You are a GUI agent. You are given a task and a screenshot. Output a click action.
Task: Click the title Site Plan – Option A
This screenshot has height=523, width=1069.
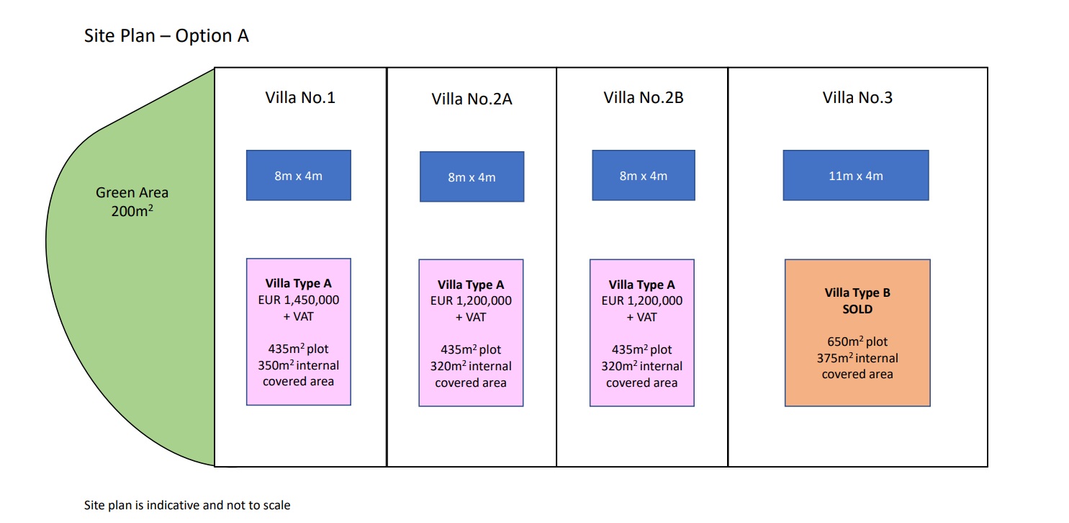coord(166,36)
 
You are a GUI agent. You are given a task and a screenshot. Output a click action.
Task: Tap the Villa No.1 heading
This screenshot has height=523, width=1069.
coord(300,97)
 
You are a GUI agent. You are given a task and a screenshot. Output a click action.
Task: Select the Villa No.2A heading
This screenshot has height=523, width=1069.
coord(472,99)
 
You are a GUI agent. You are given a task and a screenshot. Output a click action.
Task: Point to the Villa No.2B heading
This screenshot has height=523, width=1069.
coord(644,97)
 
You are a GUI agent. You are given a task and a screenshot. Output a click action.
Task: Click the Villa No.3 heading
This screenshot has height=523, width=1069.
coord(857,97)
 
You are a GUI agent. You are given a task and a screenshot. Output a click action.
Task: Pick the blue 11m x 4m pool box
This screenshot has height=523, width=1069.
coord(856,175)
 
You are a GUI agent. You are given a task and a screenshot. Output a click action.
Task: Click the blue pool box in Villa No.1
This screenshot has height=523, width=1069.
coord(298,175)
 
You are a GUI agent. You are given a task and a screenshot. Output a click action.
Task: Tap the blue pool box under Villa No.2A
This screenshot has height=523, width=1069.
coord(472,176)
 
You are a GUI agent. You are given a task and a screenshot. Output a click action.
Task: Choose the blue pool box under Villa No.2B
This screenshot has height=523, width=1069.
coord(644,175)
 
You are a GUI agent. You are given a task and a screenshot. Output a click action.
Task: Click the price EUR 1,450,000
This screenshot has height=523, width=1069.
coord(298,300)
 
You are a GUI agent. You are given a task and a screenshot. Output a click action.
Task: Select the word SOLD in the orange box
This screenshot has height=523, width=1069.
coord(857,309)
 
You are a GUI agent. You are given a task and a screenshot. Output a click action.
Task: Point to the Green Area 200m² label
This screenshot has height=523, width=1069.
coord(132,202)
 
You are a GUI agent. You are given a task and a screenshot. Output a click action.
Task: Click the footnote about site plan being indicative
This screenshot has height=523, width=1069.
coord(187,505)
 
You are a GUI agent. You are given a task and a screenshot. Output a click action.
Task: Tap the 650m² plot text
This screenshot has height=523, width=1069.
coord(857,341)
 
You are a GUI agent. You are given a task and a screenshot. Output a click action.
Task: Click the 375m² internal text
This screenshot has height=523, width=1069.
coord(857,358)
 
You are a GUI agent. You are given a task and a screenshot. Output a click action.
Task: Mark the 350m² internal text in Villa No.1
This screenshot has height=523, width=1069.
coord(298,365)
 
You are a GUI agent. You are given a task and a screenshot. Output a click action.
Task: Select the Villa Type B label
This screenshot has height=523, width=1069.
coord(857,292)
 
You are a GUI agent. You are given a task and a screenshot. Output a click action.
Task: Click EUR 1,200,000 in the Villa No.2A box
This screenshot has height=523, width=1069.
coord(471,301)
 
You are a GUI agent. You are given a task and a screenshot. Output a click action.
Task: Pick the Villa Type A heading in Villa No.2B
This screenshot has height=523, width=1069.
coord(641,285)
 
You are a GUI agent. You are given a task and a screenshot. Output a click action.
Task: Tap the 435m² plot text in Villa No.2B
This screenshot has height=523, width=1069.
coord(641,349)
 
